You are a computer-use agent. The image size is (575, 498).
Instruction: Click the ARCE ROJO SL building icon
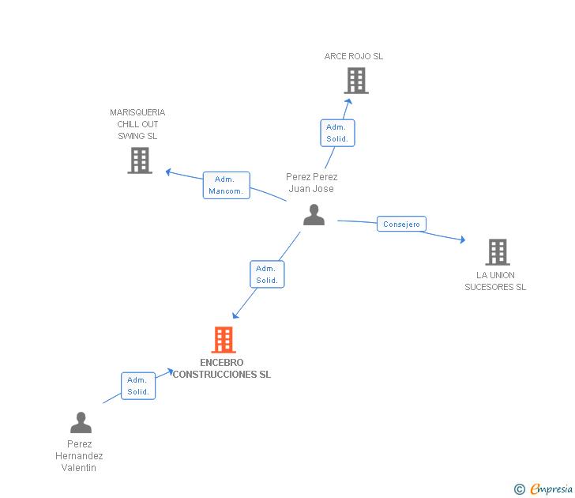click(356, 81)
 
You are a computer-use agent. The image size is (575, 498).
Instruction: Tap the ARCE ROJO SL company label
click(354, 56)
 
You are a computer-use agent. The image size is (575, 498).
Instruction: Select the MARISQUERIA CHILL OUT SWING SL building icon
click(140, 160)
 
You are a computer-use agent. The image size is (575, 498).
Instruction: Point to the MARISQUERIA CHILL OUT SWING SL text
click(137, 124)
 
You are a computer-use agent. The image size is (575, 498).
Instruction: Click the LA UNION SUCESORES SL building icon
click(497, 252)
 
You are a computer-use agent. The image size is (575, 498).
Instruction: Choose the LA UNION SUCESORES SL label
click(495, 281)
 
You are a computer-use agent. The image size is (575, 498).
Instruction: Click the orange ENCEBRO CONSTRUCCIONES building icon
click(224, 340)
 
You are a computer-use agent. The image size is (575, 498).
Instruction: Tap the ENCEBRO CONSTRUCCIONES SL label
click(222, 368)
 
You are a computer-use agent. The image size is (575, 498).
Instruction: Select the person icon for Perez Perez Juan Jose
click(314, 215)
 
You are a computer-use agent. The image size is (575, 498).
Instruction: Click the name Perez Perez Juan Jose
click(311, 183)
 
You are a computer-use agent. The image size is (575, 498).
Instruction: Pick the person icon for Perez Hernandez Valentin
click(81, 423)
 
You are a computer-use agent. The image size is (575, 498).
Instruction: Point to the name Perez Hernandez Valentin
click(79, 456)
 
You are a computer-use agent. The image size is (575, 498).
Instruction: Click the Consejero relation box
click(401, 224)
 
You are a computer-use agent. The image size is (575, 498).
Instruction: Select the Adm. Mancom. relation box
click(227, 186)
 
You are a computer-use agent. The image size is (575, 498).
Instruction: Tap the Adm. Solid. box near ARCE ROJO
click(337, 133)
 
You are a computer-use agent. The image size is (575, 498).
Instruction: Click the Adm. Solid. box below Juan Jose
click(267, 274)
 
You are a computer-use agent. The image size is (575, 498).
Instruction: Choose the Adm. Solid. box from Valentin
click(138, 386)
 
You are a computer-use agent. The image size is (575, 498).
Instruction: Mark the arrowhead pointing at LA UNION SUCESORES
click(462, 240)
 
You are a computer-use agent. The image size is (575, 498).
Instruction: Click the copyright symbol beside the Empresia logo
click(519, 489)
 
